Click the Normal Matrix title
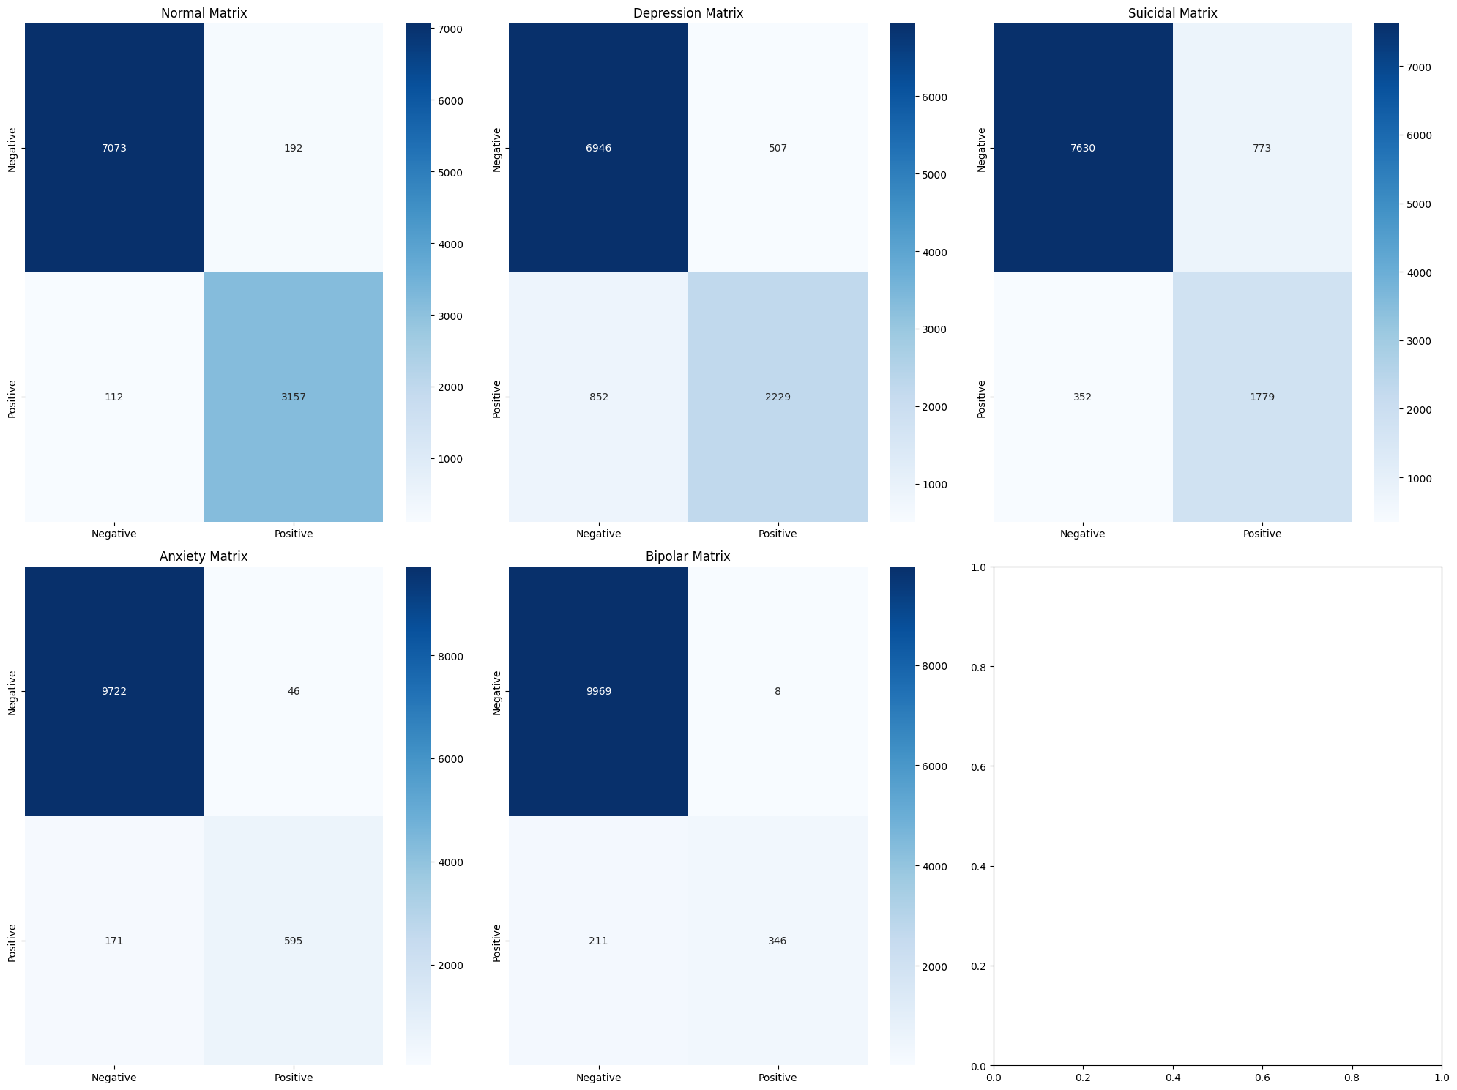pos(204,13)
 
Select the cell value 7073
pos(114,148)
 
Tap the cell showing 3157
pos(293,397)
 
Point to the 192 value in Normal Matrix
pos(293,148)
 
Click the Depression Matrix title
pos(687,13)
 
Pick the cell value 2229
pos(778,397)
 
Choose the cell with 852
pos(598,397)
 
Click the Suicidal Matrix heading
pos(1172,13)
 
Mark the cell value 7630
pos(1082,148)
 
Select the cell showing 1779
pos(1262,397)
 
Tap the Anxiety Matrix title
pos(204,556)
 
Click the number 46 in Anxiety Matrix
pos(293,692)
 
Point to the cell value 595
pos(293,941)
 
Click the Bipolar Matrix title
pos(687,556)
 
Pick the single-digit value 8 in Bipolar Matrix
pos(778,692)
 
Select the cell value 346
pos(778,941)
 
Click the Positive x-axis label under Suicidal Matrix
pos(1262,534)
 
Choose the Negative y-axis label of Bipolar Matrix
pos(497,692)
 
